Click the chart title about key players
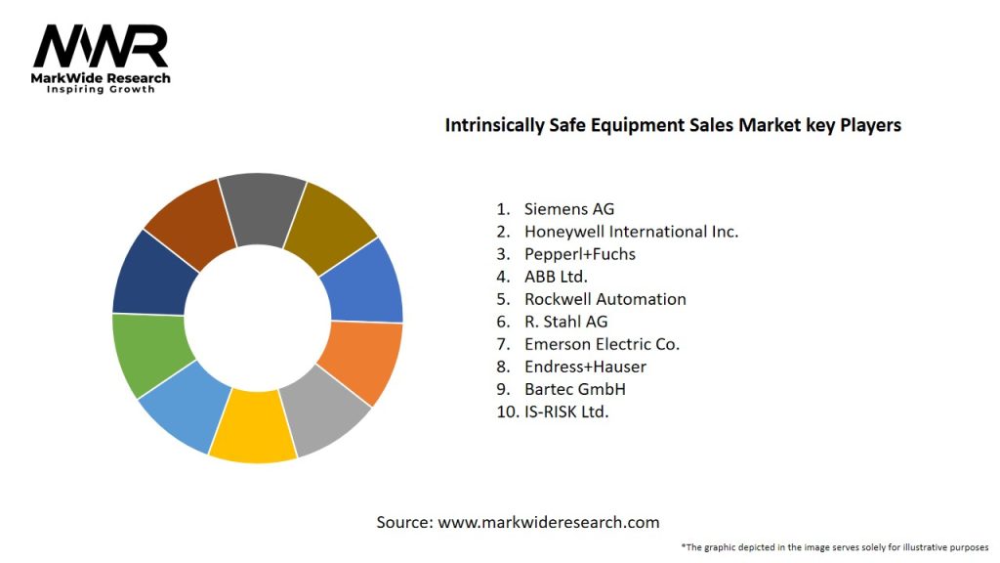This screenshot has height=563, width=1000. tap(673, 125)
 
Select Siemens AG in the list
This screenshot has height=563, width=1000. tap(569, 208)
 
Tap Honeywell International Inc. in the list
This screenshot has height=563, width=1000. tap(631, 232)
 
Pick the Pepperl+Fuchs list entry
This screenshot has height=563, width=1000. tap(579, 254)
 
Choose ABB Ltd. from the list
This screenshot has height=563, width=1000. tap(556, 277)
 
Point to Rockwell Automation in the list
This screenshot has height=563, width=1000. tap(604, 299)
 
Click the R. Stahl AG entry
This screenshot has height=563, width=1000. tap(565, 322)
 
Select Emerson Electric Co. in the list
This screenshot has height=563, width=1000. tap(602, 344)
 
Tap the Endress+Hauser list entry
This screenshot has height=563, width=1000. tap(585, 367)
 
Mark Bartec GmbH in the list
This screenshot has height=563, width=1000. tap(574, 389)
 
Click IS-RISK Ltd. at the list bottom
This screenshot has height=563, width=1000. tap(566, 411)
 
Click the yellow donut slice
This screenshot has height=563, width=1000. tap(253, 426)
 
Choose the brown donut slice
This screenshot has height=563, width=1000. tap(189, 222)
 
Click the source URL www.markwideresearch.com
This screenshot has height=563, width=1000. tap(548, 522)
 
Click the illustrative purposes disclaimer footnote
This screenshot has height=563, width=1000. tap(835, 547)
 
